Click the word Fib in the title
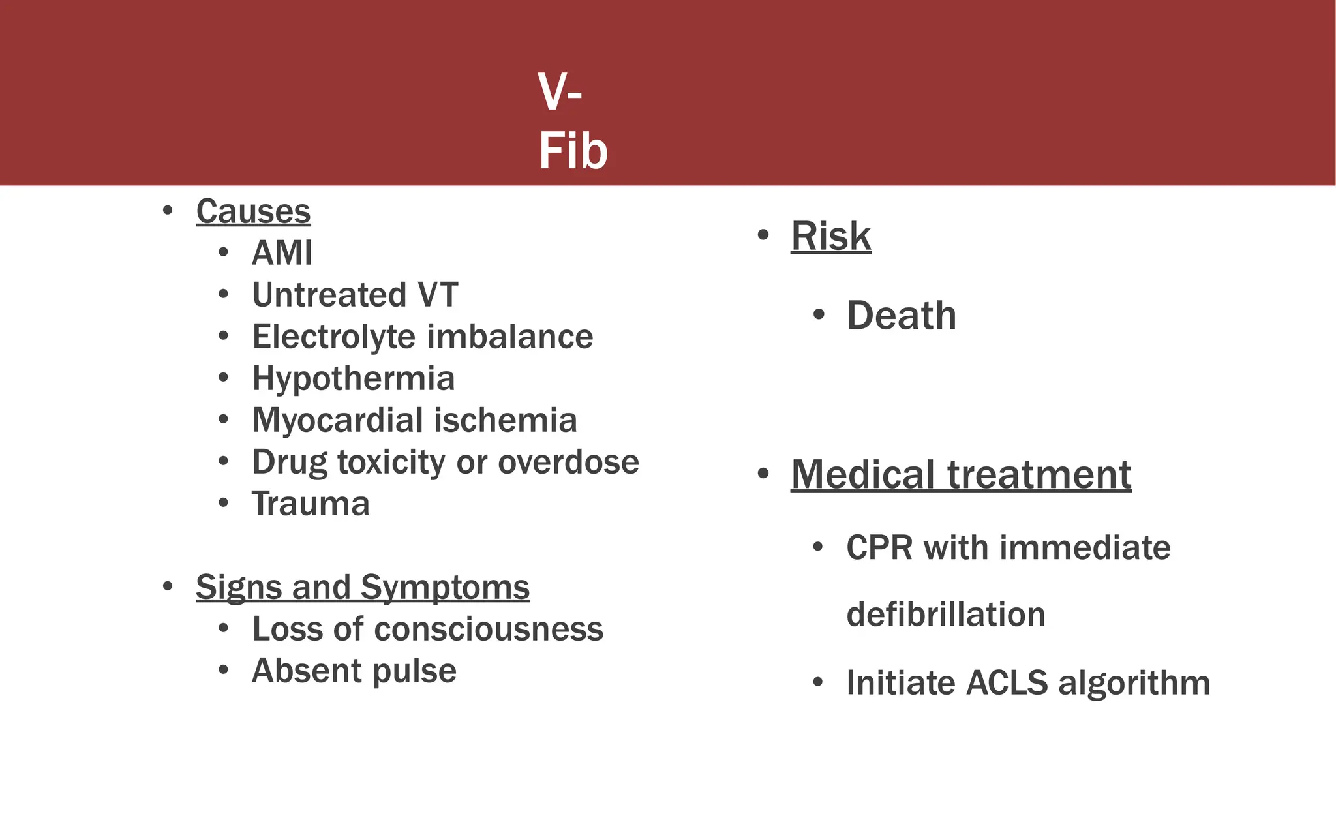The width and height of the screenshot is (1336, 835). coord(573,151)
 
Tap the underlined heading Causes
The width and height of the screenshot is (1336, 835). coord(253,211)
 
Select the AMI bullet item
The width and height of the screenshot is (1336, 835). coord(282,253)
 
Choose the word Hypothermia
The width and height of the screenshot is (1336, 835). coord(353,378)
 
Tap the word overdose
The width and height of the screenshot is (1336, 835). coord(568,462)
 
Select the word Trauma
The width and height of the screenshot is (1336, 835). coord(311,504)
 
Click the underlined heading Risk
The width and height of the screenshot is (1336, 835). coord(830,236)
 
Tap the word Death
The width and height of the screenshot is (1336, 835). coord(901,316)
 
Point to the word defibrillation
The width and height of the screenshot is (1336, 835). coord(945,615)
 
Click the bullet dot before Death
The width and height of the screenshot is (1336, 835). coord(819,316)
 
